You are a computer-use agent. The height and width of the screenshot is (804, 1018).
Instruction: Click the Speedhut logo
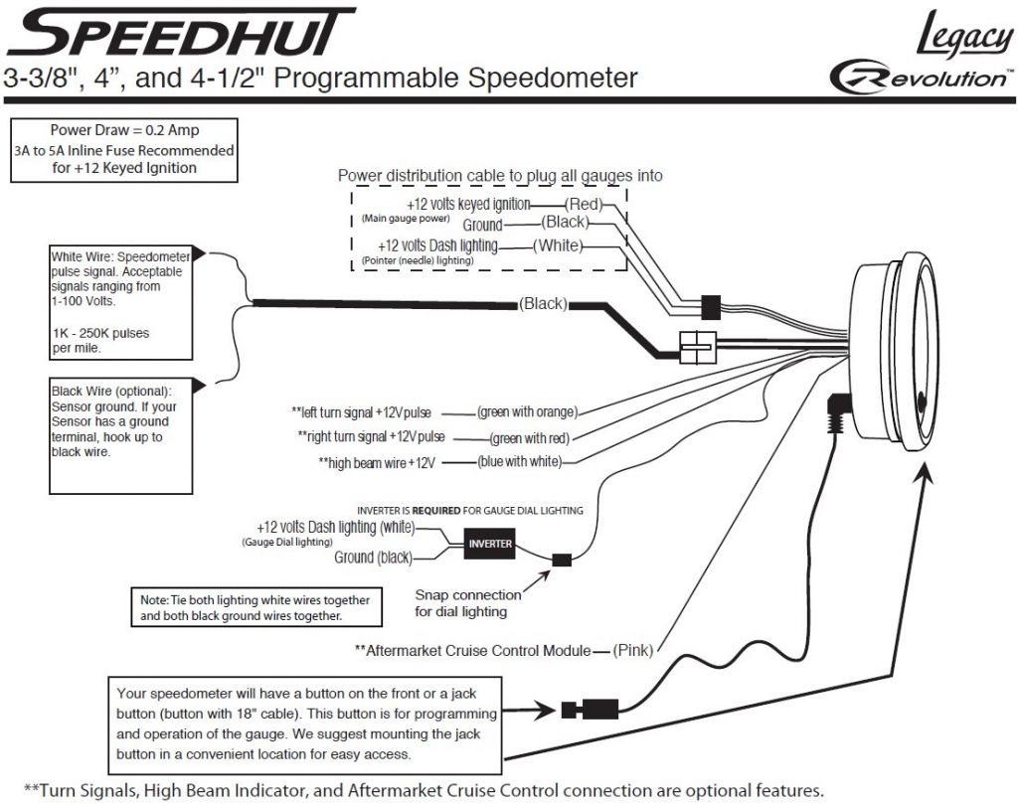(x=181, y=32)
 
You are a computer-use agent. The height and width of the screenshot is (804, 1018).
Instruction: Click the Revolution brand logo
(x=921, y=78)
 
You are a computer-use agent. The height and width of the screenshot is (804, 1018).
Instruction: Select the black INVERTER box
(x=490, y=544)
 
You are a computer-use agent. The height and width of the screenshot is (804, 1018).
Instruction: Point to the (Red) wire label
(x=584, y=204)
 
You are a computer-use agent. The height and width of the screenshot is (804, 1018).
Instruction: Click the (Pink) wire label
(x=633, y=650)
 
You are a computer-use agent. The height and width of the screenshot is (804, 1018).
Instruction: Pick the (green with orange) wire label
(x=527, y=412)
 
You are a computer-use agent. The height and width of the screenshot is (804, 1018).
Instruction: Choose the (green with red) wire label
(x=530, y=438)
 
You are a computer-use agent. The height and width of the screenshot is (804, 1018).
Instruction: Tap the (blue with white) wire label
(x=519, y=462)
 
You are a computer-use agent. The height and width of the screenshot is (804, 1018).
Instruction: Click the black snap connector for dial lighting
(x=562, y=560)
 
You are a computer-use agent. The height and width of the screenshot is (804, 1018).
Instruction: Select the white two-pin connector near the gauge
(x=698, y=347)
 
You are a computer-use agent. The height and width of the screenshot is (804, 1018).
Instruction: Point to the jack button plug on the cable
(x=591, y=710)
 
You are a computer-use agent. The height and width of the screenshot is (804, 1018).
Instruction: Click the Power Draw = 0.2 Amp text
(x=124, y=130)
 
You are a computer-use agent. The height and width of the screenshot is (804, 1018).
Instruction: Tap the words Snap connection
(x=468, y=595)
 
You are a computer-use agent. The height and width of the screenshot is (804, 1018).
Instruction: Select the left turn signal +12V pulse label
(x=361, y=412)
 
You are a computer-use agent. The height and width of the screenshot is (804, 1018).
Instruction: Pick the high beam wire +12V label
(x=377, y=463)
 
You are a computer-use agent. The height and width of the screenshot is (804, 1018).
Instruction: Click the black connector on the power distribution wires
(x=711, y=307)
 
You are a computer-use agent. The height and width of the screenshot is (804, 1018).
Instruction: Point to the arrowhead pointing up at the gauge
(x=926, y=478)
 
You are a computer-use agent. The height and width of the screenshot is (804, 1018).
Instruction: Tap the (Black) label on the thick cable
(x=543, y=304)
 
